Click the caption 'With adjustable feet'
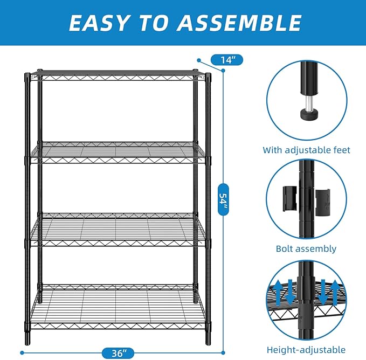click(x=306, y=150)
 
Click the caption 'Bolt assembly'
click(x=306, y=248)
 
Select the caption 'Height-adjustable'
click(x=306, y=349)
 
